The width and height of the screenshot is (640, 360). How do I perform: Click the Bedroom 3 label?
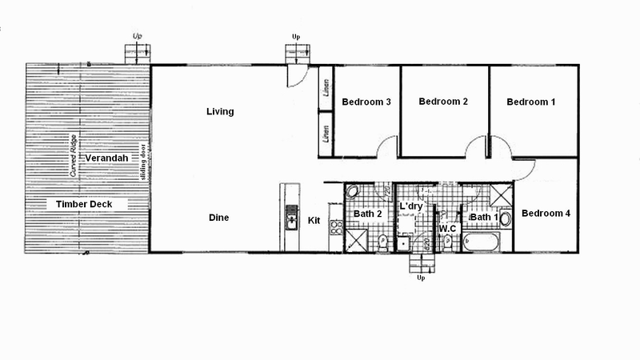366,102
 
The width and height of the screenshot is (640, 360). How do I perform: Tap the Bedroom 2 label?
442,102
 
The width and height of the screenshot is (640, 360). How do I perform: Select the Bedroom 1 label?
530,102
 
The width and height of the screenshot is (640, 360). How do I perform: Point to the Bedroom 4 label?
546,214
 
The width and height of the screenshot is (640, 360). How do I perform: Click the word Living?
220,112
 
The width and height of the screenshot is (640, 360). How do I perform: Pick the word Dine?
220,218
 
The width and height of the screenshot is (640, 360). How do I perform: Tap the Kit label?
314,220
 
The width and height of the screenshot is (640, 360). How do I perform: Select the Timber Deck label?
90,205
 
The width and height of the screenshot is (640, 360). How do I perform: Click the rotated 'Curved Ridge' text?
73,158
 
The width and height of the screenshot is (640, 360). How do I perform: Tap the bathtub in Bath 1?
482,242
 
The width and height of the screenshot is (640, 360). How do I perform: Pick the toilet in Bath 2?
384,241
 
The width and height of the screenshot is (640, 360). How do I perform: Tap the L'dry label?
410,207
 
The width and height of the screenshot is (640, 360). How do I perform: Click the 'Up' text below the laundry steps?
421,278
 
